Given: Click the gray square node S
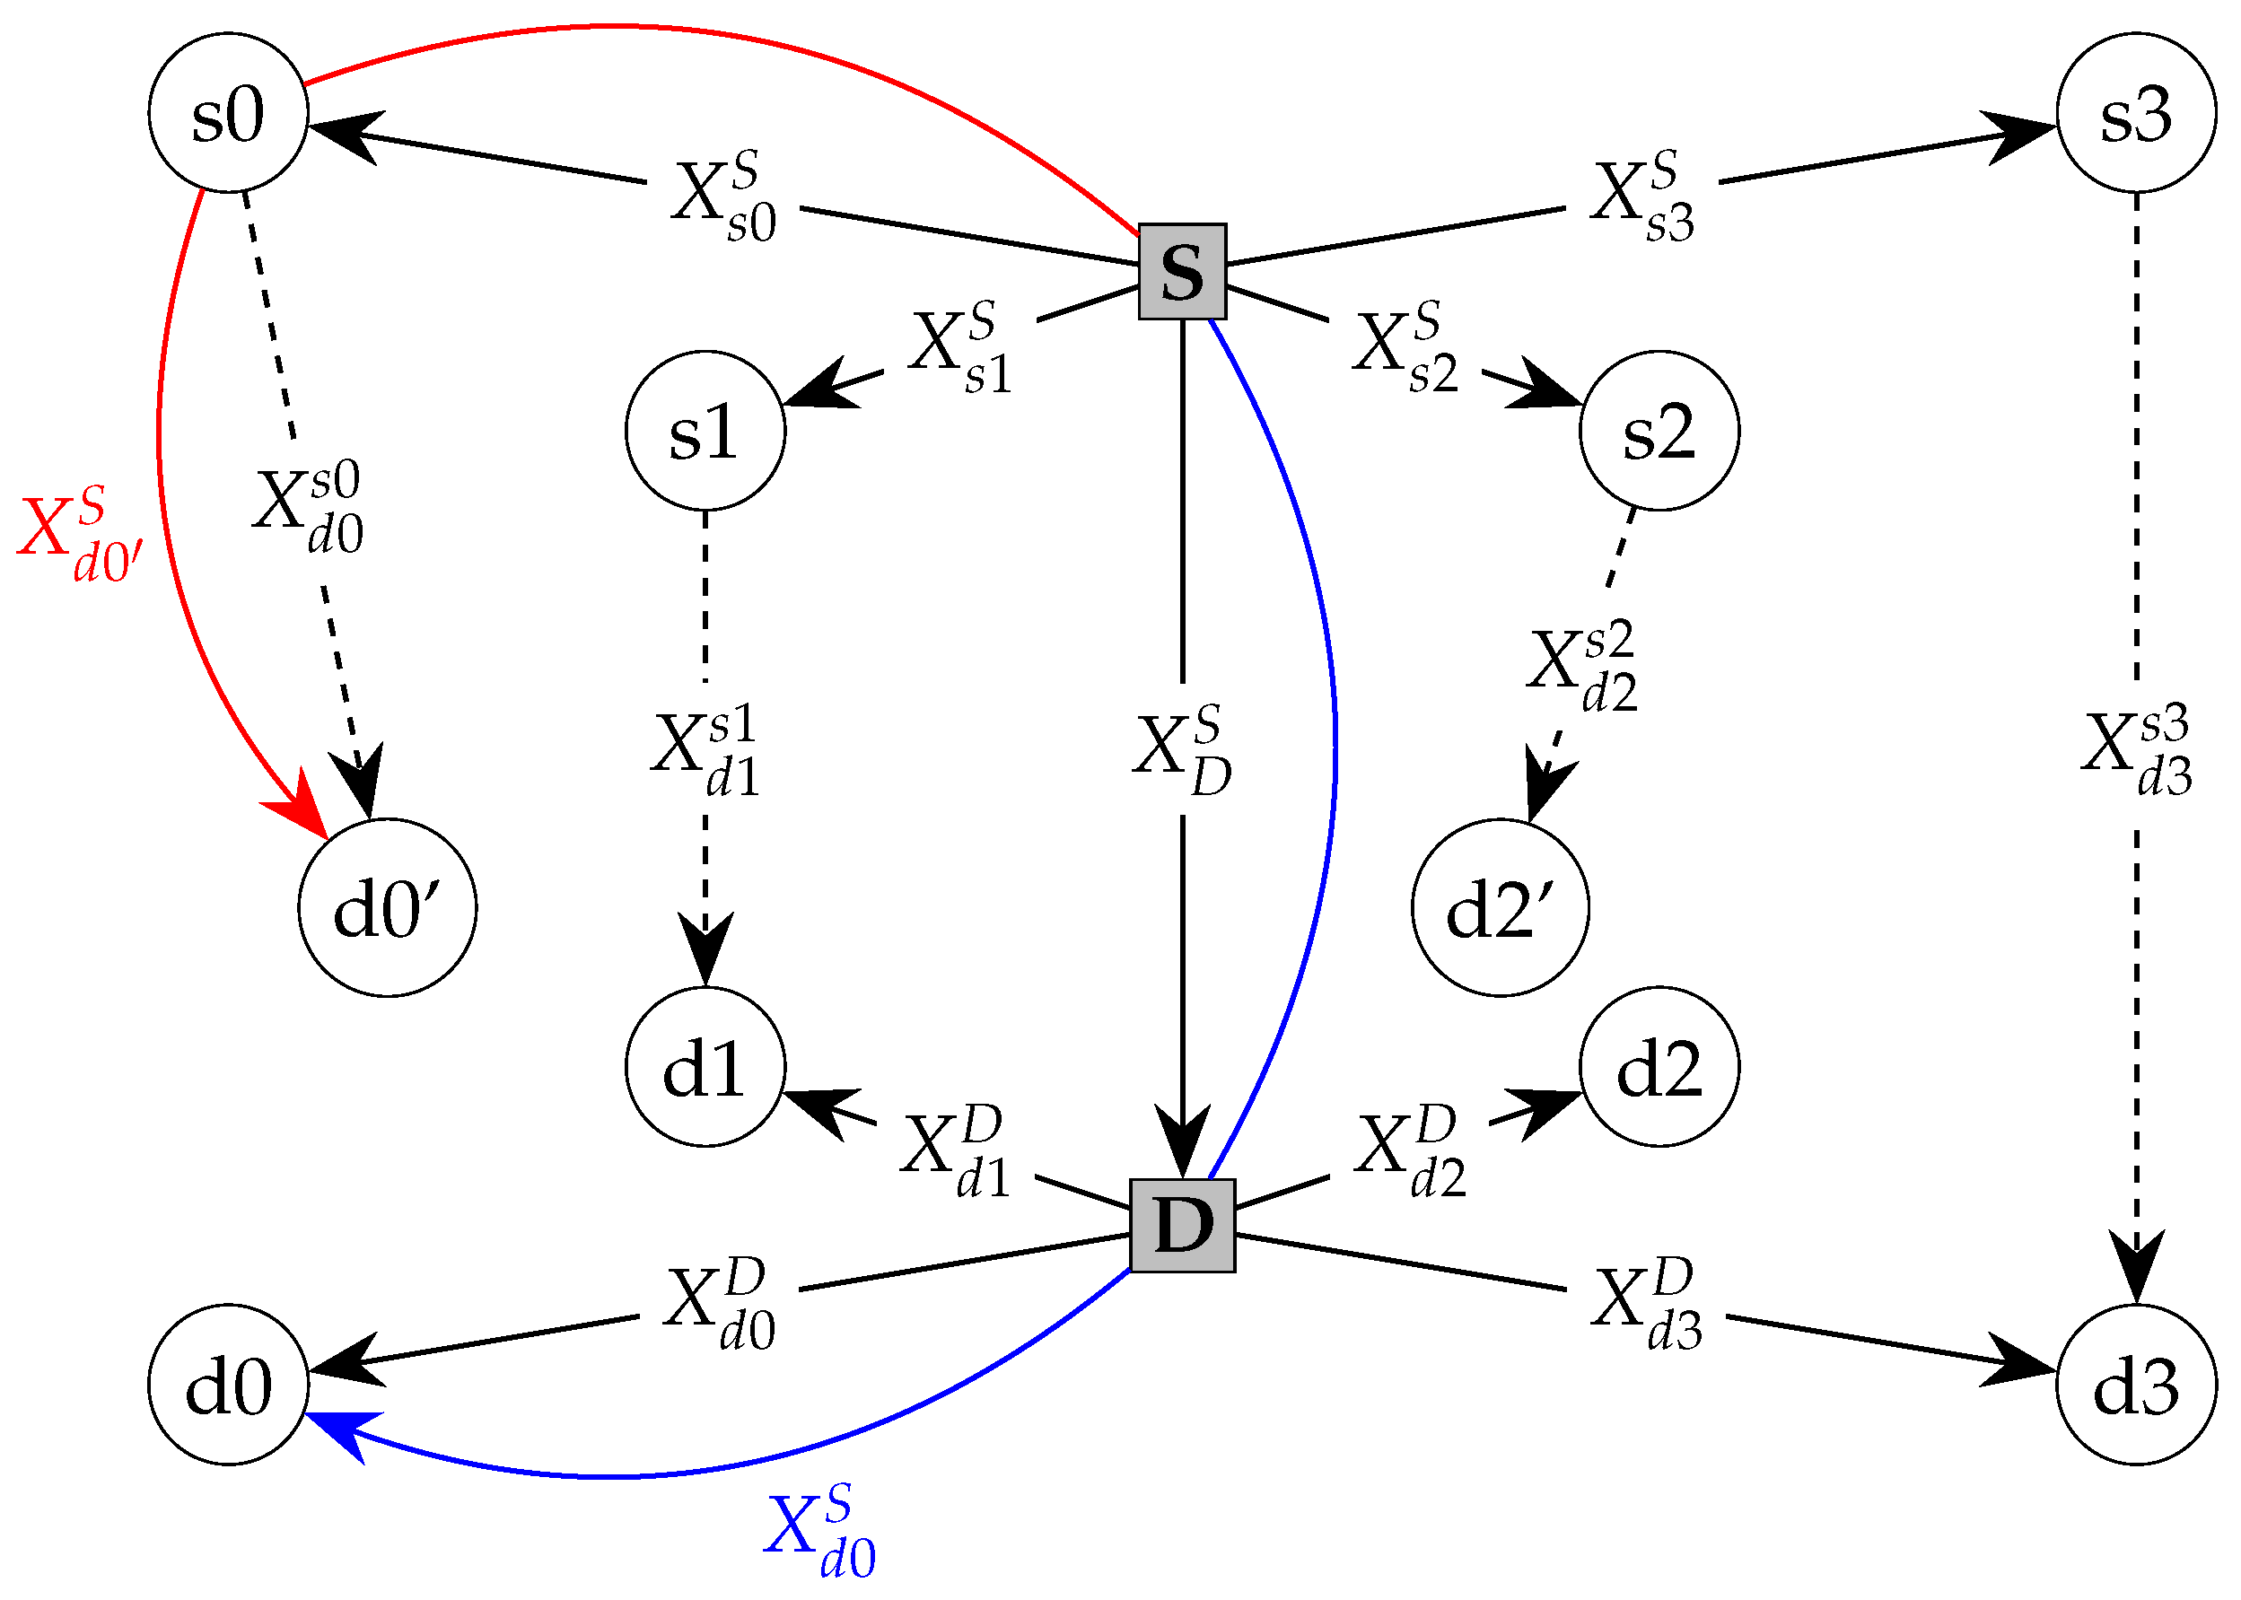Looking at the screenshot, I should pyautogui.click(x=1181, y=271).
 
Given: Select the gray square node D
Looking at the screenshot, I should pyautogui.click(x=1181, y=1225).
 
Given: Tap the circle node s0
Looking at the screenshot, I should pyautogui.click(x=228, y=112).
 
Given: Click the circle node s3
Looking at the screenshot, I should pyautogui.click(x=2136, y=112).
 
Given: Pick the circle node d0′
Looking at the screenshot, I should pyautogui.click(x=387, y=907).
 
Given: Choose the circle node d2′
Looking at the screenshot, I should pyautogui.click(x=1500, y=907).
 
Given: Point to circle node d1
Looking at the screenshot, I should pyautogui.click(x=705, y=1066).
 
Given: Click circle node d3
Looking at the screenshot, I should pyautogui.click(x=2136, y=1385).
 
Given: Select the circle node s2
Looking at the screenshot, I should pyautogui.click(x=1659, y=431).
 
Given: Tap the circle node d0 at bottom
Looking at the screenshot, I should pyautogui.click(x=228, y=1385).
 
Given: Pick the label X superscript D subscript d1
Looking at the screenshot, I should pyautogui.click(x=953, y=1150).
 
